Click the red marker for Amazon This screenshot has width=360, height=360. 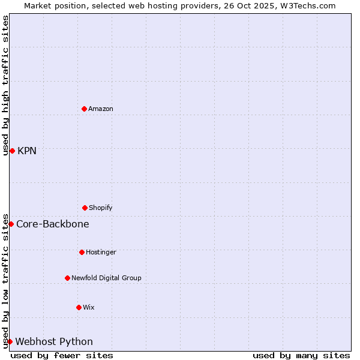point(85,109)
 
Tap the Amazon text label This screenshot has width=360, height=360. point(101,109)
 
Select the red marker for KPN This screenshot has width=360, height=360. point(12,151)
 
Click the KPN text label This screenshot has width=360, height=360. point(27,151)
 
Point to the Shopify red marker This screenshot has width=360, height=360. point(85,208)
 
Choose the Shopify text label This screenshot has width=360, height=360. point(101,208)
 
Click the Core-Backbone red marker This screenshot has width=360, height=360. point(11,224)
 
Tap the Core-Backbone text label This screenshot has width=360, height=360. point(53,224)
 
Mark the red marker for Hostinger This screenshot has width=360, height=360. point(82,252)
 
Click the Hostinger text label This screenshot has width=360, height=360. point(101,253)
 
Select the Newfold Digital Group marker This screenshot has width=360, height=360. point(67,278)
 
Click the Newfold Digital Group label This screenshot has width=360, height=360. point(106,278)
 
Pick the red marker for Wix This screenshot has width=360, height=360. point(79,307)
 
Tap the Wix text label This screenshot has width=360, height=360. point(89,308)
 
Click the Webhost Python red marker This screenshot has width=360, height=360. point(10,341)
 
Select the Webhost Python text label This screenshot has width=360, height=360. point(54,342)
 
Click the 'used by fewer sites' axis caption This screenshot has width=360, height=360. point(62,355)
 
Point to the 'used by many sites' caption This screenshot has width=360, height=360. point(301,355)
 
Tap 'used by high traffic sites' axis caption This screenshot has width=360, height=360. point(6,85)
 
